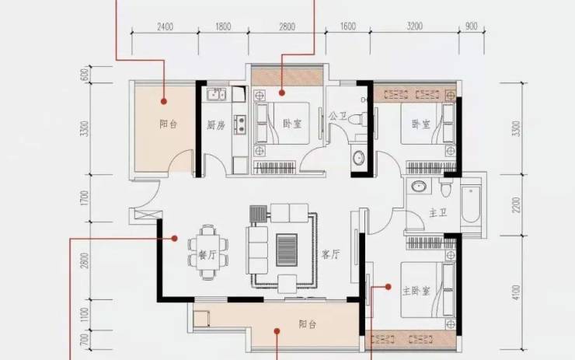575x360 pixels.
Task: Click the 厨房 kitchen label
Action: point(216,125)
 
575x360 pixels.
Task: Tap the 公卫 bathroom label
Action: point(338,117)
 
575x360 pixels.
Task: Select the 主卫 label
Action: point(438,213)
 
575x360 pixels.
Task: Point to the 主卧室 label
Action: point(416,291)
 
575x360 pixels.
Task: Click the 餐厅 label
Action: point(207,255)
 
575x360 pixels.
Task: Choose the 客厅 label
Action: point(330,254)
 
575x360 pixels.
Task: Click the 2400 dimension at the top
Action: point(165,26)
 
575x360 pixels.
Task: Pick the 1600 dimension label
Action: point(347,26)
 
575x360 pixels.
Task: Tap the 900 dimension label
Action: point(471,26)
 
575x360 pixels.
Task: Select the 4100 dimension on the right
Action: point(516,292)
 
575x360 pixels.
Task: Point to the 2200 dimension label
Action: point(516,204)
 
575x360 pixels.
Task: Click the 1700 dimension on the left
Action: point(85,197)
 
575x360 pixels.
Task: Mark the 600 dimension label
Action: point(85,75)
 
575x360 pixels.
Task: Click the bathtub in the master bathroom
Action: point(471,204)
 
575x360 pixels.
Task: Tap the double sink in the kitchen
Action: point(216,94)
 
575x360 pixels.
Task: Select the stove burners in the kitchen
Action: point(241,124)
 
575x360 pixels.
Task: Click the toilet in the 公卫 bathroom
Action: point(357,119)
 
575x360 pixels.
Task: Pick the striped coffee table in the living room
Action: point(287,250)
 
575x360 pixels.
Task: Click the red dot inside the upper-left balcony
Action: point(164,101)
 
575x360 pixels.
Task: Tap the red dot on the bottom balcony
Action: point(277,331)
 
